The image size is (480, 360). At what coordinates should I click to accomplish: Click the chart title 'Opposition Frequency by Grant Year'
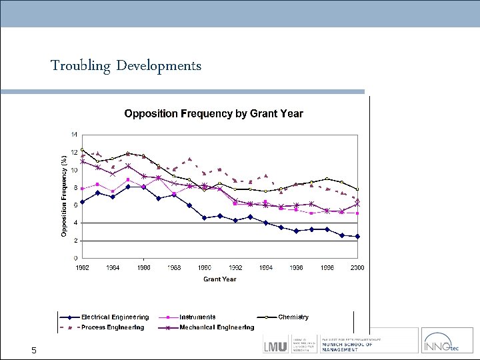(x=213, y=113)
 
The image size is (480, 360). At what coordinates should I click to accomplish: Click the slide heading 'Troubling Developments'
(x=126, y=65)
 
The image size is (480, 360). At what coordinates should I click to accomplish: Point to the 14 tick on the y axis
(x=74, y=134)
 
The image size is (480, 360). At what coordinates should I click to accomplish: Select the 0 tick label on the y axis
(x=75, y=258)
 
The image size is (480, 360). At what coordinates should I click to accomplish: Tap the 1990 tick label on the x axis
(x=205, y=267)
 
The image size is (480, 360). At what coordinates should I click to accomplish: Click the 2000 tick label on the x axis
(x=357, y=267)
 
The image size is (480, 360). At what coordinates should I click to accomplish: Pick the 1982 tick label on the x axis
(x=82, y=267)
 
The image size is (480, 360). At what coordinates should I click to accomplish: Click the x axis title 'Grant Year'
(x=219, y=279)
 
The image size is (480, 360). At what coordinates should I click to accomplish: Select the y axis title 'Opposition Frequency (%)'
(x=64, y=196)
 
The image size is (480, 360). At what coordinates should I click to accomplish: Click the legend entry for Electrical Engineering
(x=115, y=317)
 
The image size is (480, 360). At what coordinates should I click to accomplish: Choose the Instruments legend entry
(x=197, y=317)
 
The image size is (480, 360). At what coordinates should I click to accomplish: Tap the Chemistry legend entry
(x=293, y=317)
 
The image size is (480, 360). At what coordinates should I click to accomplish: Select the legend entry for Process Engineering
(x=113, y=327)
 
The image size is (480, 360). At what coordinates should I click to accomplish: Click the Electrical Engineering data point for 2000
(x=357, y=237)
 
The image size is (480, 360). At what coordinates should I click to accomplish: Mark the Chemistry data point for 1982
(x=82, y=149)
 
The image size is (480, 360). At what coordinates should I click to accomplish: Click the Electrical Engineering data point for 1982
(x=82, y=201)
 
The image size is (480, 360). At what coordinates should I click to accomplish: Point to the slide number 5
(x=32, y=351)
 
